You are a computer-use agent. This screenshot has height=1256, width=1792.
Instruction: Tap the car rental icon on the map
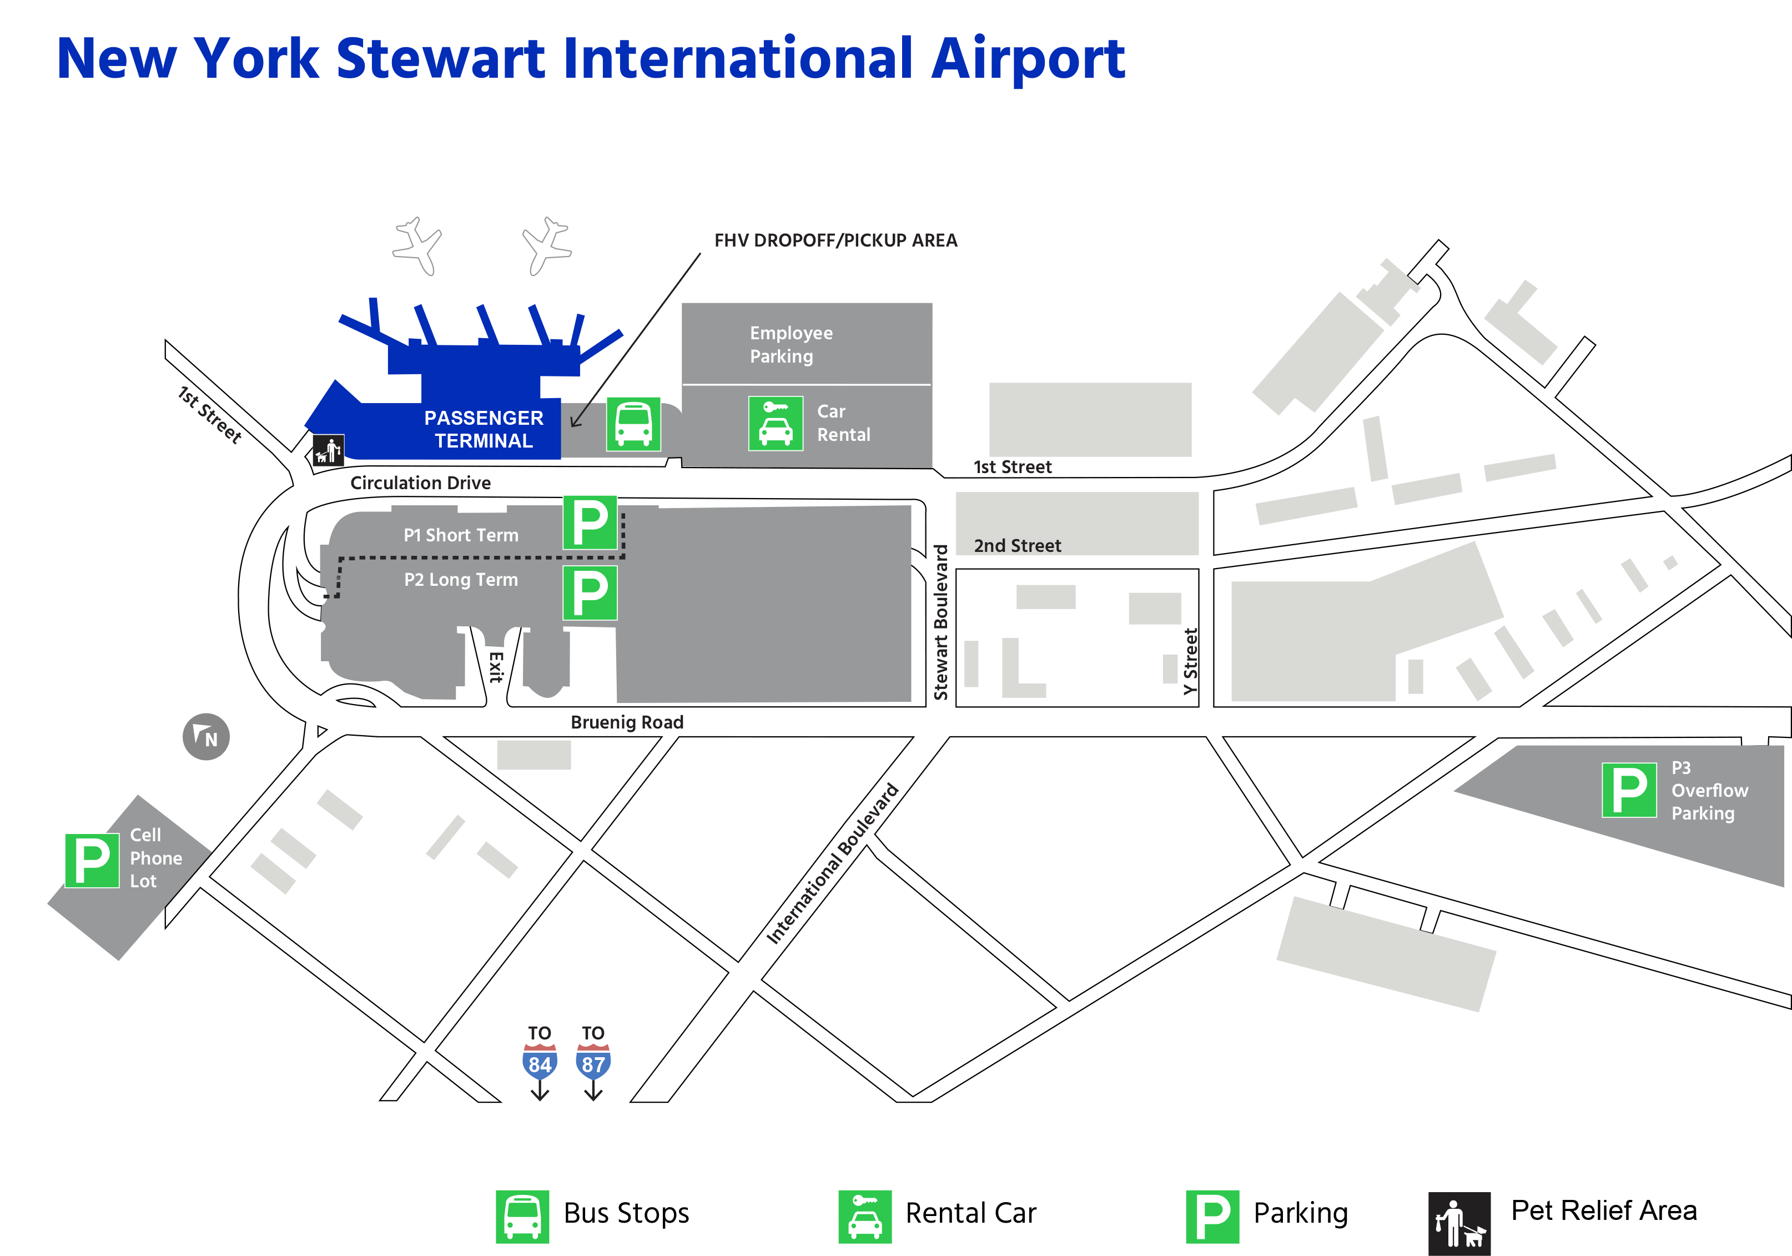pos(776,424)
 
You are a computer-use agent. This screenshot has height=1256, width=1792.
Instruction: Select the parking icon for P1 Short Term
pos(590,523)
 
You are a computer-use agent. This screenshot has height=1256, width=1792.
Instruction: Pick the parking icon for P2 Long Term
pos(590,593)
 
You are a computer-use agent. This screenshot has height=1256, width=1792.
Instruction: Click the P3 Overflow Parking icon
pos(1629,790)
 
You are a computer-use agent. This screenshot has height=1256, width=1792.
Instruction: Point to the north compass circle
pos(206,736)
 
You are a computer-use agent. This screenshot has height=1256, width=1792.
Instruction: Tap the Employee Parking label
pos(791,344)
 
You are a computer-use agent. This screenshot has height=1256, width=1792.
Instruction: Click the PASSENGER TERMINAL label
pos(484,429)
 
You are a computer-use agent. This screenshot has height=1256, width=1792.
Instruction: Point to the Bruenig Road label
pos(627,722)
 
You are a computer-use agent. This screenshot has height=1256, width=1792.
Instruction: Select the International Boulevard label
pos(832,864)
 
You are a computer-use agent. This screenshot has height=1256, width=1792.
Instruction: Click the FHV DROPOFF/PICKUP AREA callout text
pos(835,240)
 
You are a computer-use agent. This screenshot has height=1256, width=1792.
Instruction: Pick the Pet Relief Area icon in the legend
pos(1459,1223)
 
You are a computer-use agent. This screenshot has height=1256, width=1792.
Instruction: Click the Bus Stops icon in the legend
pos(522,1216)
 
